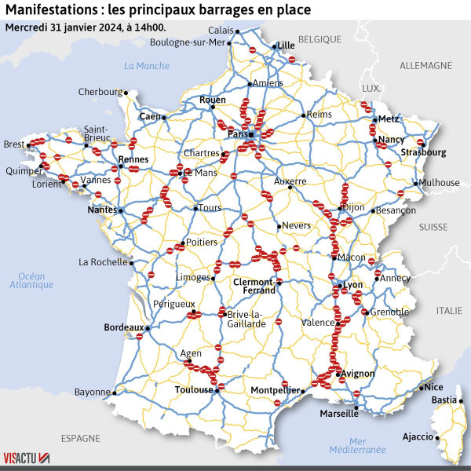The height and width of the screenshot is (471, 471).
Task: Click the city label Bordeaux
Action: point(124,327)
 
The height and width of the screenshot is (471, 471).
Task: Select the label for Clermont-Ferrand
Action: point(255,286)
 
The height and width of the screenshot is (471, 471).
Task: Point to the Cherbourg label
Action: point(100,92)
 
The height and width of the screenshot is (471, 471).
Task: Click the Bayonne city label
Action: point(93,392)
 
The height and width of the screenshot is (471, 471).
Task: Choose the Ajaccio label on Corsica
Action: point(417,436)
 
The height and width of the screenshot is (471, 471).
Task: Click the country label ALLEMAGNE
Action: point(425,65)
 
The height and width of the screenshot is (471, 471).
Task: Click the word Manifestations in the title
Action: point(49,10)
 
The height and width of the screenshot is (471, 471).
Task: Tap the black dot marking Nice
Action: point(421,388)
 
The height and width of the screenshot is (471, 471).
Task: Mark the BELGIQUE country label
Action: point(319,38)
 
